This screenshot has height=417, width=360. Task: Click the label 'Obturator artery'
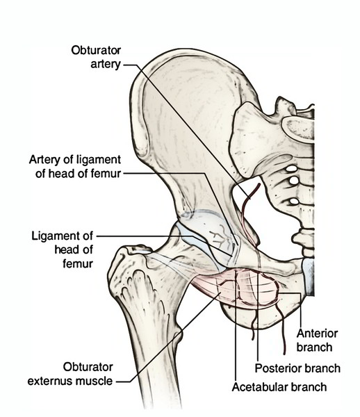[x=96, y=57]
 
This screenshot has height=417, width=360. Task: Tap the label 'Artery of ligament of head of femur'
[x=75, y=167]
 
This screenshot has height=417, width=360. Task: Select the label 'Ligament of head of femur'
[x=63, y=250]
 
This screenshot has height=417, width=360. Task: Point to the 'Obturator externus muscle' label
[x=70, y=374]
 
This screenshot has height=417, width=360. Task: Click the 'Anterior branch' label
[x=317, y=340]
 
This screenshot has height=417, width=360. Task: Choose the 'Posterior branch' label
[x=297, y=368]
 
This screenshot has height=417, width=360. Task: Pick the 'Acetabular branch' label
[x=279, y=387]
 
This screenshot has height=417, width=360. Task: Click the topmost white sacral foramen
[x=292, y=169]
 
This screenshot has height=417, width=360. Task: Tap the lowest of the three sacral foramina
[x=293, y=202]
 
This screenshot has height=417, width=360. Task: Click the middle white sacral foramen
[x=294, y=181]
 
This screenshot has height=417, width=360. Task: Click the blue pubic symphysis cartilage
[x=308, y=277]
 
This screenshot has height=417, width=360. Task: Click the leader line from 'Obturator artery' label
[x=187, y=131]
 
